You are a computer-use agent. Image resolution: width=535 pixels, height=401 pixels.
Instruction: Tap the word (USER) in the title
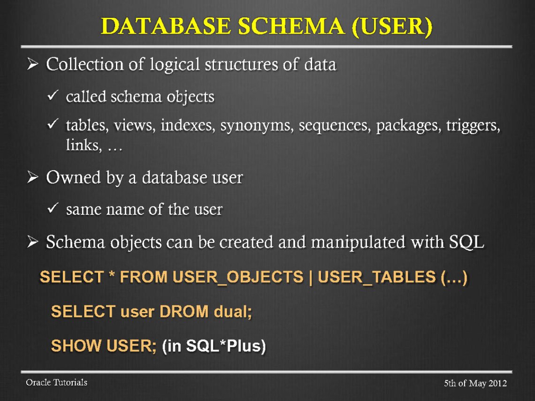pos(393,27)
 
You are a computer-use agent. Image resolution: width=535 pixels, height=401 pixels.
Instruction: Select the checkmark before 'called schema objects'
pos(53,97)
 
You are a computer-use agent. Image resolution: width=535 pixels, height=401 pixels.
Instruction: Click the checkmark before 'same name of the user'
pos(53,209)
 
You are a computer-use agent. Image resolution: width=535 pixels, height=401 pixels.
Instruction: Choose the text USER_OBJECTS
pos(238,277)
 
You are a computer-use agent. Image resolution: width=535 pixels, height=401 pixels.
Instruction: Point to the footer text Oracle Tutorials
pos(56,383)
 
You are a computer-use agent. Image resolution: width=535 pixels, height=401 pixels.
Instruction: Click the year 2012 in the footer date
pos(497,384)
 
